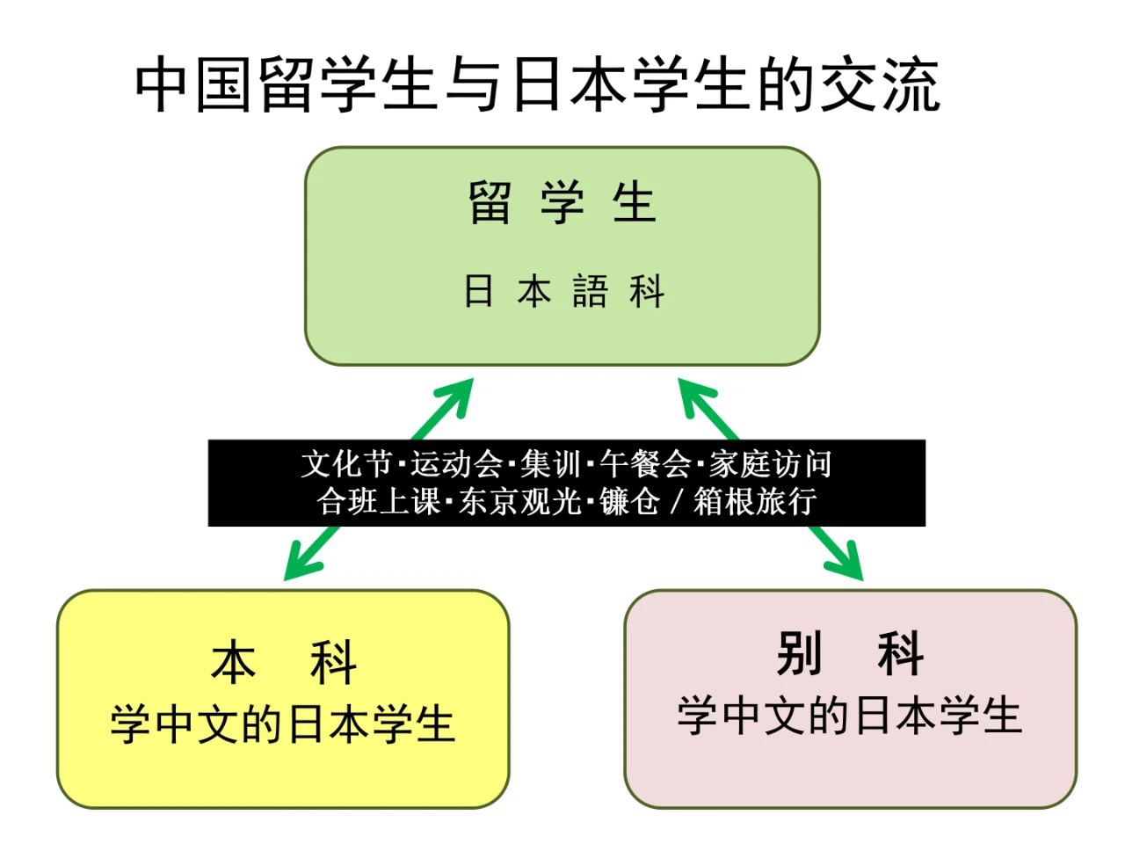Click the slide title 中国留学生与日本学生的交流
click(x=538, y=85)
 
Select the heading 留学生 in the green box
click(x=562, y=202)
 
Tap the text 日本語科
click(x=563, y=291)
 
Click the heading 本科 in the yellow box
click(x=283, y=663)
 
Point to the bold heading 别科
click(x=850, y=654)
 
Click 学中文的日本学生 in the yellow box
click(x=282, y=724)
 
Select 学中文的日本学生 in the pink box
click(x=850, y=716)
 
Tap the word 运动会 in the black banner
click(x=455, y=463)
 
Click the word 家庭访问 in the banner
click(x=771, y=463)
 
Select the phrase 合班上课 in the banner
click(x=379, y=502)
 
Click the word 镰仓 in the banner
click(x=629, y=502)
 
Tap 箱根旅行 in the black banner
click(x=756, y=502)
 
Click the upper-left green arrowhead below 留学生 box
click(x=458, y=393)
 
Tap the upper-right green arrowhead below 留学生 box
click(x=694, y=393)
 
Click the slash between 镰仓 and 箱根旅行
click(x=677, y=502)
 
